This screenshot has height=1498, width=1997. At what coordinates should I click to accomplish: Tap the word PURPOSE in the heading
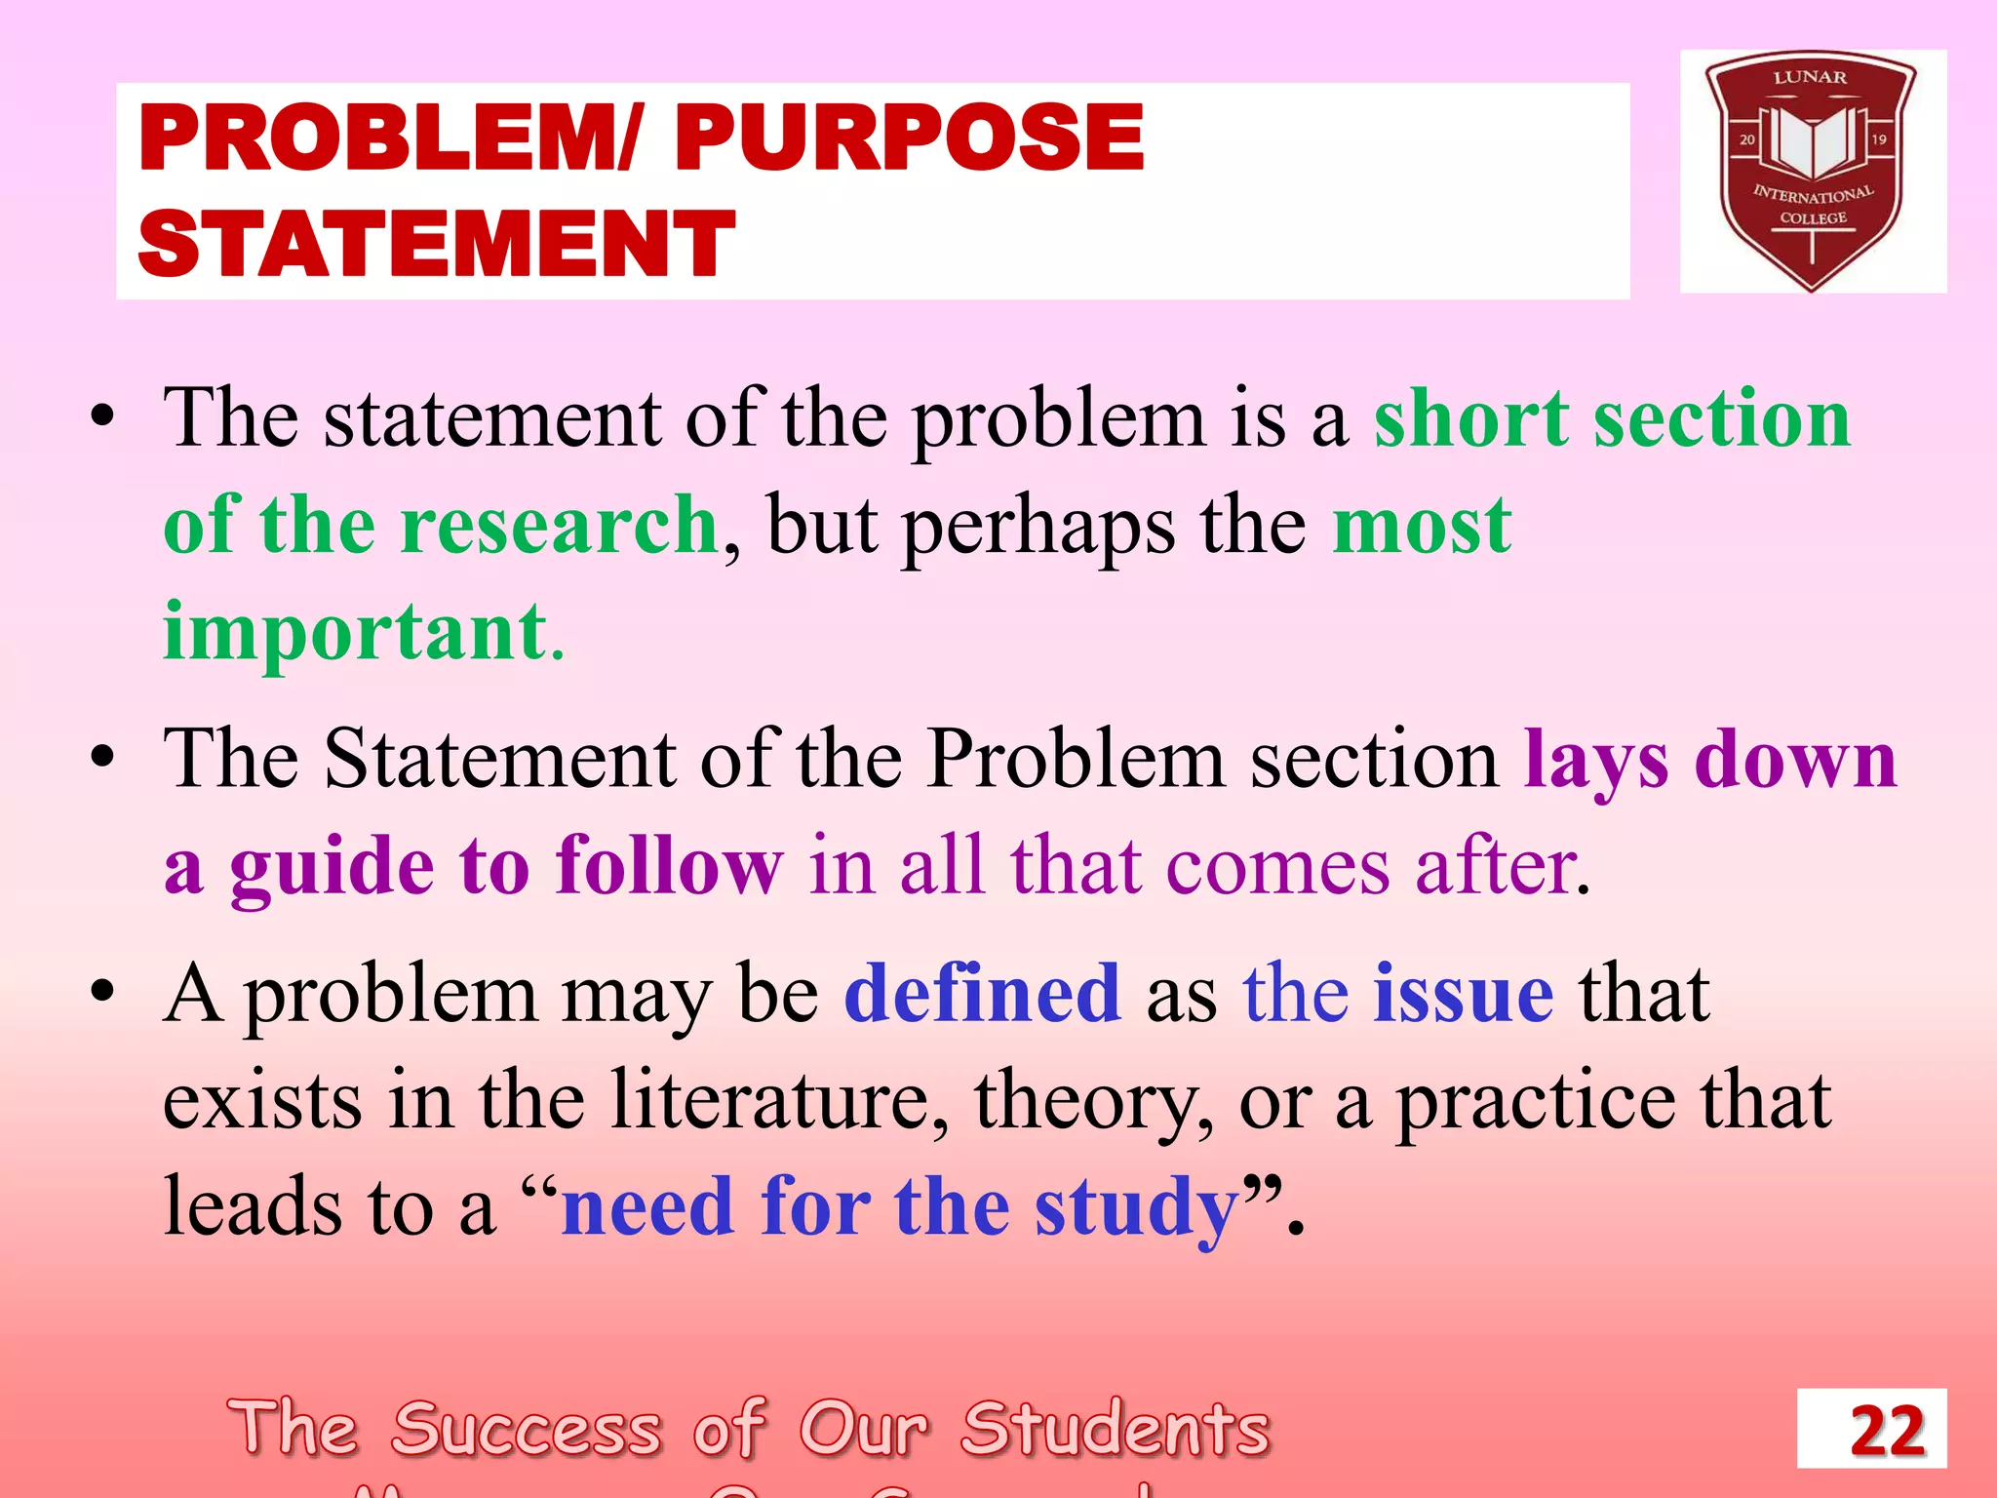tap(909, 138)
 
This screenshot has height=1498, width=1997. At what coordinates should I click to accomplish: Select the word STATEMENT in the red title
tap(436, 244)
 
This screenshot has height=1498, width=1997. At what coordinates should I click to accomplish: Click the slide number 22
tap(1887, 1431)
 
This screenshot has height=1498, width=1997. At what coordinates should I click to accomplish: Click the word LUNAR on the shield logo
tap(1810, 78)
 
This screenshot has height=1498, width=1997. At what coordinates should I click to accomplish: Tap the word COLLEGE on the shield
tap(1813, 218)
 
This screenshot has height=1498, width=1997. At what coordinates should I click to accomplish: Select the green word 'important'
tap(355, 632)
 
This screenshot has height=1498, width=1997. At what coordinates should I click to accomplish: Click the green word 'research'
tap(560, 525)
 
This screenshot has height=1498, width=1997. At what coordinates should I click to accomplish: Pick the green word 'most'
tap(1422, 525)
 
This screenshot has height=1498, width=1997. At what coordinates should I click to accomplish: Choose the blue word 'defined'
tap(982, 993)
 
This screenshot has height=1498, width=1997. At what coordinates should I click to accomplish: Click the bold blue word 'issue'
tap(1463, 993)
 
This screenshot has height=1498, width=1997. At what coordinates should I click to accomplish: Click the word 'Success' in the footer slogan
tap(527, 1429)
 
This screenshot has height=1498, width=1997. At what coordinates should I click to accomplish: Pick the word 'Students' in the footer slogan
tap(1116, 1429)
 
